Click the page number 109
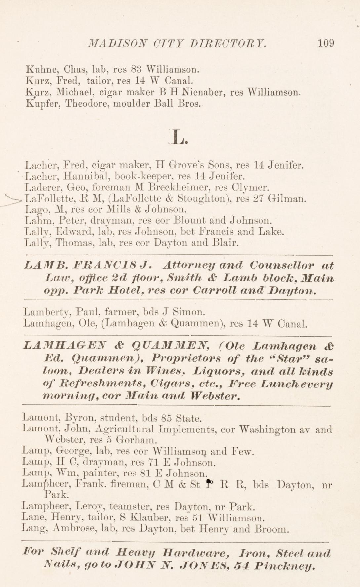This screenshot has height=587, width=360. click(326, 43)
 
